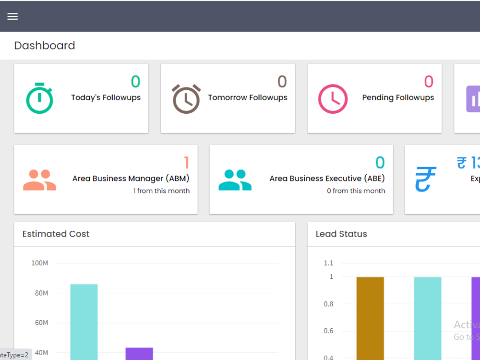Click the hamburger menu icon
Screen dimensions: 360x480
[x=12, y=16]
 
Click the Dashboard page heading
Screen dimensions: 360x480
[x=45, y=46]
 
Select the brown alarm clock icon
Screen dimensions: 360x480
[x=186, y=99]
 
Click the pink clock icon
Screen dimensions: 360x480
[x=333, y=99]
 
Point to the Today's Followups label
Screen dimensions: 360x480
[x=106, y=97]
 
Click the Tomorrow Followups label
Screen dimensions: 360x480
[x=248, y=97]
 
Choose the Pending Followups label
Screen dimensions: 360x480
[x=398, y=97]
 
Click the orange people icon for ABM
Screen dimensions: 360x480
[x=39, y=180]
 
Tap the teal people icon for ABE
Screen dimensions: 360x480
[x=235, y=180]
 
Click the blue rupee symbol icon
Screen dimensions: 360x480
[x=425, y=179]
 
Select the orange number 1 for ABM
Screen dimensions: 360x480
[x=187, y=163]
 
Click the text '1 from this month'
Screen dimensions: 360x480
[x=161, y=191]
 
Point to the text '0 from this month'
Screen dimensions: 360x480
[x=356, y=191]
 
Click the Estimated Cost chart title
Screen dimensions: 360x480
[x=56, y=234]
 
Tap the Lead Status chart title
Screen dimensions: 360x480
[x=341, y=234]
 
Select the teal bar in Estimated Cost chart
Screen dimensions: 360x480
[x=84, y=322]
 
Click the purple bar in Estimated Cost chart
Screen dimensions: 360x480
[x=139, y=353]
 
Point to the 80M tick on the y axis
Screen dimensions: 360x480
[x=41, y=293]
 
